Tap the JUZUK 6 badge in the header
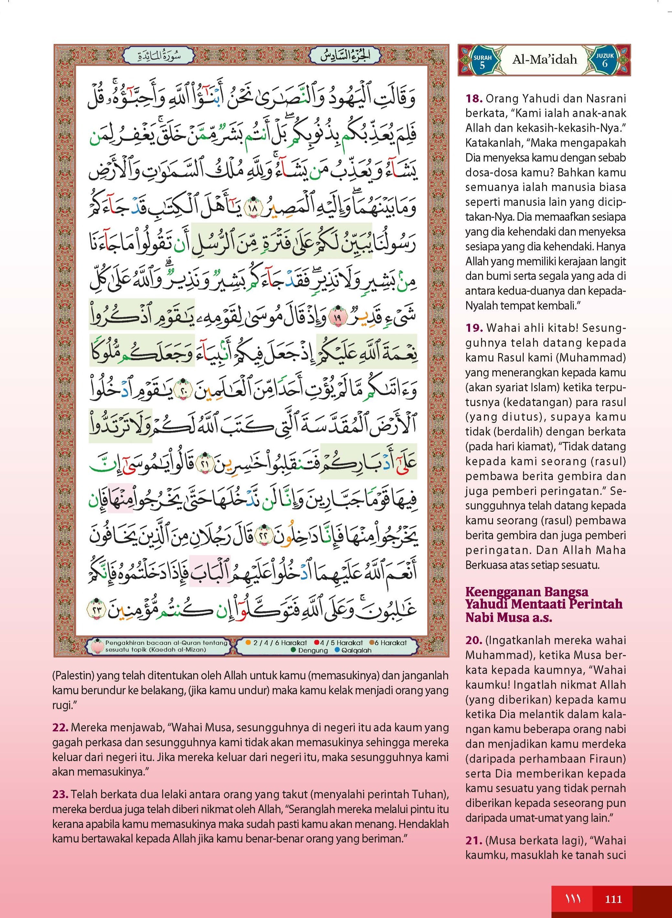point(604,60)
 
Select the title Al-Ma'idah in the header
point(544,60)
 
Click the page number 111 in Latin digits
point(614,899)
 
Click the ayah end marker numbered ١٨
point(256,210)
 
